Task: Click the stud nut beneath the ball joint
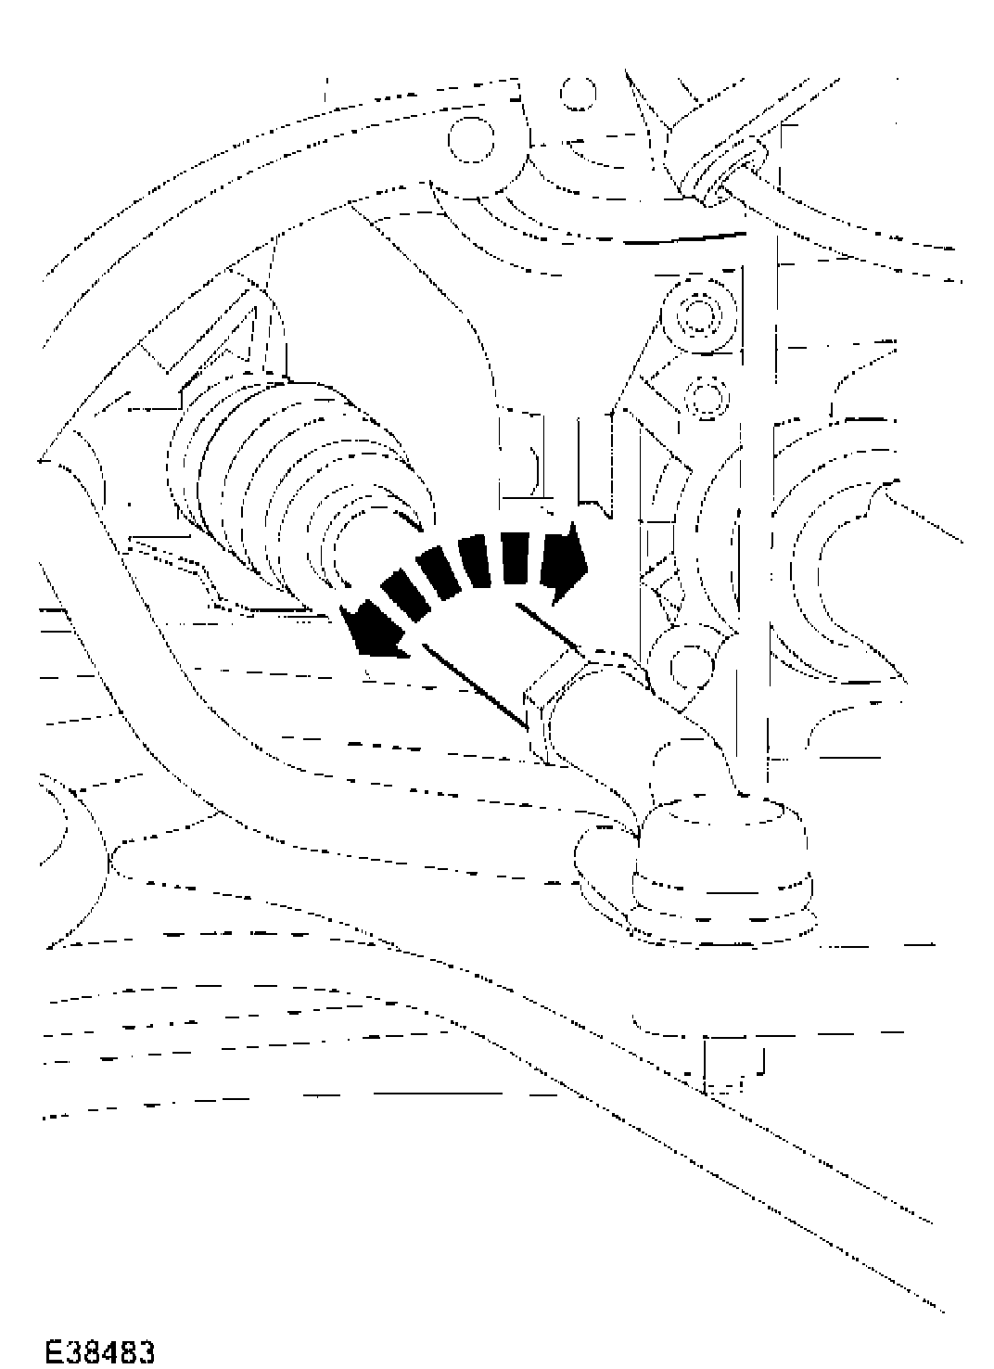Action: [x=733, y=1067]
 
